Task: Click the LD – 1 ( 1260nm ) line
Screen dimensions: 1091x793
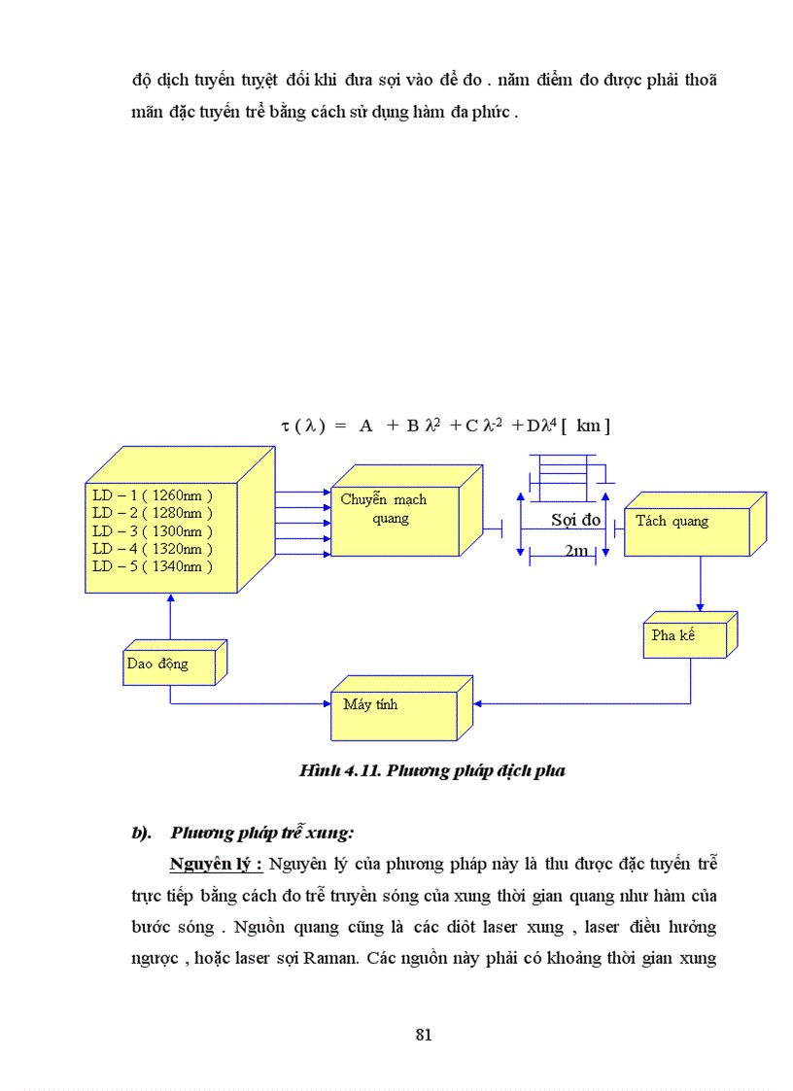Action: (x=152, y=494)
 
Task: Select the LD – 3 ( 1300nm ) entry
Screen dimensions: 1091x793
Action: (x=152, y=530)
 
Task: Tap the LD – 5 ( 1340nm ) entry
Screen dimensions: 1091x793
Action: (x=152, y=566)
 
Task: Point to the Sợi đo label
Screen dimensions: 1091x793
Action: (x=575, y=520)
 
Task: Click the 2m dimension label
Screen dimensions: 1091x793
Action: (x=575, y=551)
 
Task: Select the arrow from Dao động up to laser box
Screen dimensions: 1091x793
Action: (x=170, y=618)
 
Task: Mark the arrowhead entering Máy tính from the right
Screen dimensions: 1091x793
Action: (x=476, y=702)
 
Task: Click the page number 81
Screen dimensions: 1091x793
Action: (x=423, y=1034)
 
